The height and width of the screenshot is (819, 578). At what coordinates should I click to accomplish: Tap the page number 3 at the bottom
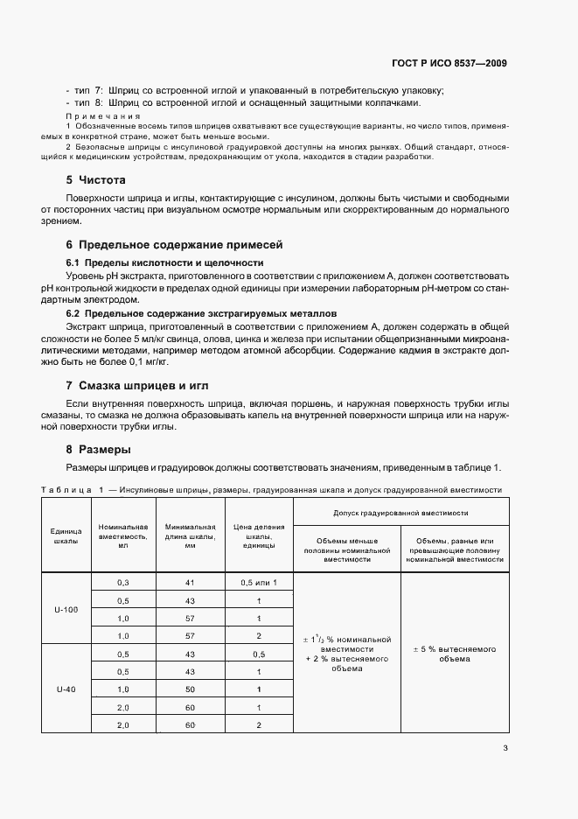[x=505, y=747]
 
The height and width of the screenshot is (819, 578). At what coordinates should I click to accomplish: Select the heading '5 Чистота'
[x=96, y=179]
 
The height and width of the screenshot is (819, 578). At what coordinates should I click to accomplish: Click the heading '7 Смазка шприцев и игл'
[x=137, y=385]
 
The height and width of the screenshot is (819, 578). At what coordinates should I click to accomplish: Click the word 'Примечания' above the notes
[x=103, y=115]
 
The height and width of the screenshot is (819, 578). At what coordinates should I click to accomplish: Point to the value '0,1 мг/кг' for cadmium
[x=144, y=360]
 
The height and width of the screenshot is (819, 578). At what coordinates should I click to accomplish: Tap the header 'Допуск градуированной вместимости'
[x=400, y=511]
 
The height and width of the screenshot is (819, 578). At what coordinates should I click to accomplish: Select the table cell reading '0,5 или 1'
[x=259, y=582]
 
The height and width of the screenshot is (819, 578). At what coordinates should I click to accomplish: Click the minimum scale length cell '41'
[x=189, y=582]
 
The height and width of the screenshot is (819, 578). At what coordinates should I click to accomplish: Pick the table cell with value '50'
[x=189, y=689]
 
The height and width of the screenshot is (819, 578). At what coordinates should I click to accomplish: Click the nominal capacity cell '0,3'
[x=122, y=582]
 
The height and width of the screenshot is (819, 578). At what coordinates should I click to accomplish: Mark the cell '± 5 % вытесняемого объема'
[x=454, y=654]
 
